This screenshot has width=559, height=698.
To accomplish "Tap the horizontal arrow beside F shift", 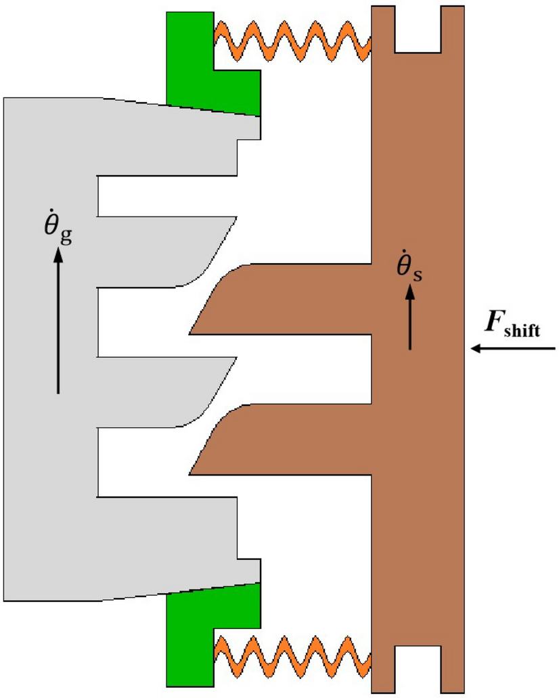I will click(514, 348).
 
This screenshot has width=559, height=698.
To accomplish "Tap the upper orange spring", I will click(292, 39).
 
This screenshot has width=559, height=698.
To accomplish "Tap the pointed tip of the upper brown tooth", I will click(192, 332).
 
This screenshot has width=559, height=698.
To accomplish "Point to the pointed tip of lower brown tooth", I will click(192, 472).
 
